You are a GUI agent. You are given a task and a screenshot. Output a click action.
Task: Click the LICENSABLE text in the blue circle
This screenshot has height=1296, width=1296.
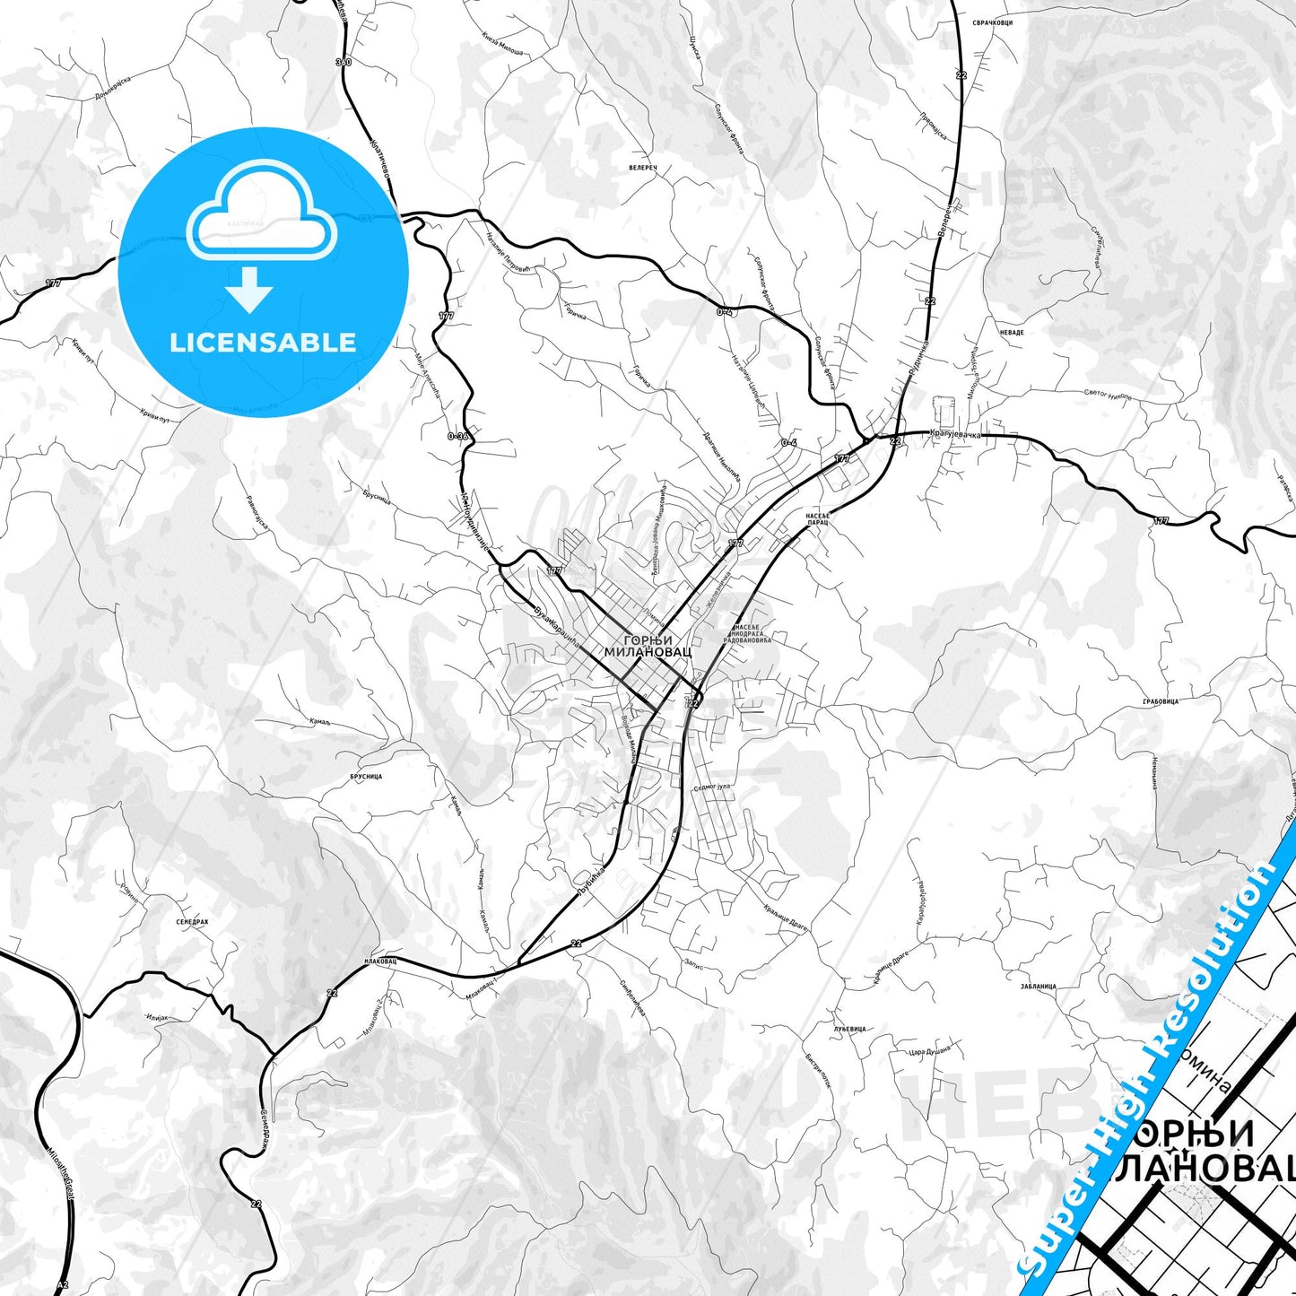point(263,343)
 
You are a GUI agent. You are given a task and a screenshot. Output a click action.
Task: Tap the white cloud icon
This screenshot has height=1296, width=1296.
point(261,212)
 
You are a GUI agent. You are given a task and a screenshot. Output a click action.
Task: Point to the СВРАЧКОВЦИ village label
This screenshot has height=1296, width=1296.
point(994,22)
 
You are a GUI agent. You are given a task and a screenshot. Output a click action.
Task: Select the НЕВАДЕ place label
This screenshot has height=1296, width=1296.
point(1011,333)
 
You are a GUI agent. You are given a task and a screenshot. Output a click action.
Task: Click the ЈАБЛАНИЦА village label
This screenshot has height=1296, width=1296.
point(1038,987)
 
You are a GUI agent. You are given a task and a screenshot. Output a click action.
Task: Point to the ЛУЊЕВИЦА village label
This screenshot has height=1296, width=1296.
point(849,1029)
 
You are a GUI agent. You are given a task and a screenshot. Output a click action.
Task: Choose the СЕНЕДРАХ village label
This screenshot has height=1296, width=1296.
point(192,921)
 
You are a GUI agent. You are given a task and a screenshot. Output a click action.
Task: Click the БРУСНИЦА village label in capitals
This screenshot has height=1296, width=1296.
point(366,776)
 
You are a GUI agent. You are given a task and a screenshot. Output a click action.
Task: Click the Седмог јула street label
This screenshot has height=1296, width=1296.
point(712,787)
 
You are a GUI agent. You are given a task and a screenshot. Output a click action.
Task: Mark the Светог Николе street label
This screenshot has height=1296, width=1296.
point(1108,394)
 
